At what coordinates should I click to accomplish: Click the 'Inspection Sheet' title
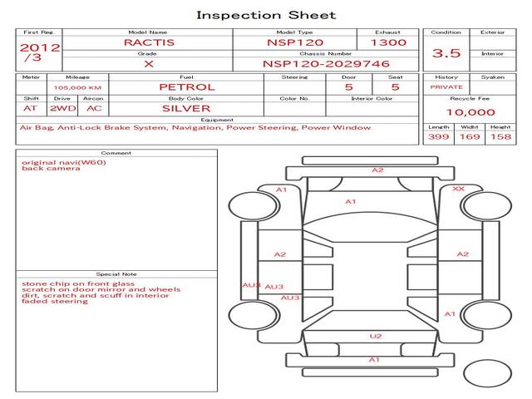click(266, 15)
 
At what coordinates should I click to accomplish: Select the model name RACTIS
click(149, 42)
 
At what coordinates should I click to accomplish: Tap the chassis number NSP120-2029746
click(326, 64)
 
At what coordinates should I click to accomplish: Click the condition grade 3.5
click(446, 53)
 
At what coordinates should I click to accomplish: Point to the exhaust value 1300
click(388, 42)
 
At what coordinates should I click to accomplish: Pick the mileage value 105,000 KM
click(77, 88)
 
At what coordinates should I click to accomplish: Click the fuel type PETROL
click(187, 87)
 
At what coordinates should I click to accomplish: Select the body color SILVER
click(186, 109)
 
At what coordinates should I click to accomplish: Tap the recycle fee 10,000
click(470, 112)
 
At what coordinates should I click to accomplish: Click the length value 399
click(438, 136)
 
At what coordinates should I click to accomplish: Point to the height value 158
click(500, 136)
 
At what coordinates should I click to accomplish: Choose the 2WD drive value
click(63, 109)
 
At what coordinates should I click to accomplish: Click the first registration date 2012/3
click(40, 52)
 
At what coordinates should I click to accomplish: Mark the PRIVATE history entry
click(446, 87)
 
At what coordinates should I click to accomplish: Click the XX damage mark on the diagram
click(458, 189)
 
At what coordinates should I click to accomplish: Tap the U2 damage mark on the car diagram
click(376, 336)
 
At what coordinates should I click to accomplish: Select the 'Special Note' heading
click(116, 274)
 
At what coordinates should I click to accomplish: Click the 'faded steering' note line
click(55, 301)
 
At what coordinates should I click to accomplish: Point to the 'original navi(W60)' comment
click(64, 163)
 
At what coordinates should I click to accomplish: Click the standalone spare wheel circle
click(487, 373)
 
